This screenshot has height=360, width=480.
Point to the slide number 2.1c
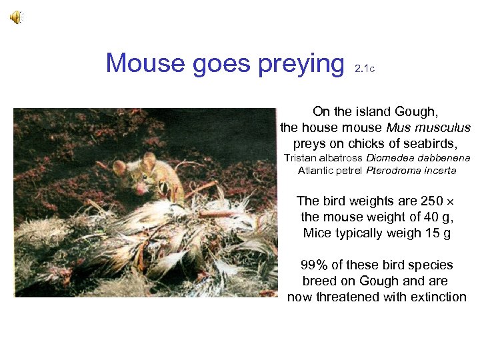365,68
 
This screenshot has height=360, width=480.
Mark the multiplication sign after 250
449,201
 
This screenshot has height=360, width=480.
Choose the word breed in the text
319,281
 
